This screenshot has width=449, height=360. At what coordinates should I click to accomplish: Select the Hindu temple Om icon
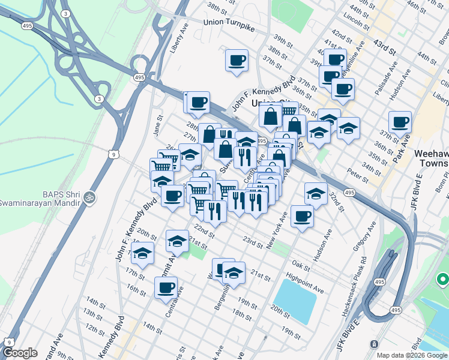coord(90,197)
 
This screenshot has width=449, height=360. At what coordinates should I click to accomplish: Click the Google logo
coord(20,353)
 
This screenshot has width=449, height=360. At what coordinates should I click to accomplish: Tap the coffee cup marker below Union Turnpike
coord(237,61)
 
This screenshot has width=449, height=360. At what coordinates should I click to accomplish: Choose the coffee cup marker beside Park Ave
coord(400,123)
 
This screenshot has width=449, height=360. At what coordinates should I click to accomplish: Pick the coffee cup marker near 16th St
coord(166,288)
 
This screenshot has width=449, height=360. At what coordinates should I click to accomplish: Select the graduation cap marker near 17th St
coord(143,254)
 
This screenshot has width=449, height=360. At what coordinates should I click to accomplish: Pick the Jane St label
coord(158,126)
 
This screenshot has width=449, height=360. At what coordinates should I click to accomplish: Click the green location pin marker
coord(443,279)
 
